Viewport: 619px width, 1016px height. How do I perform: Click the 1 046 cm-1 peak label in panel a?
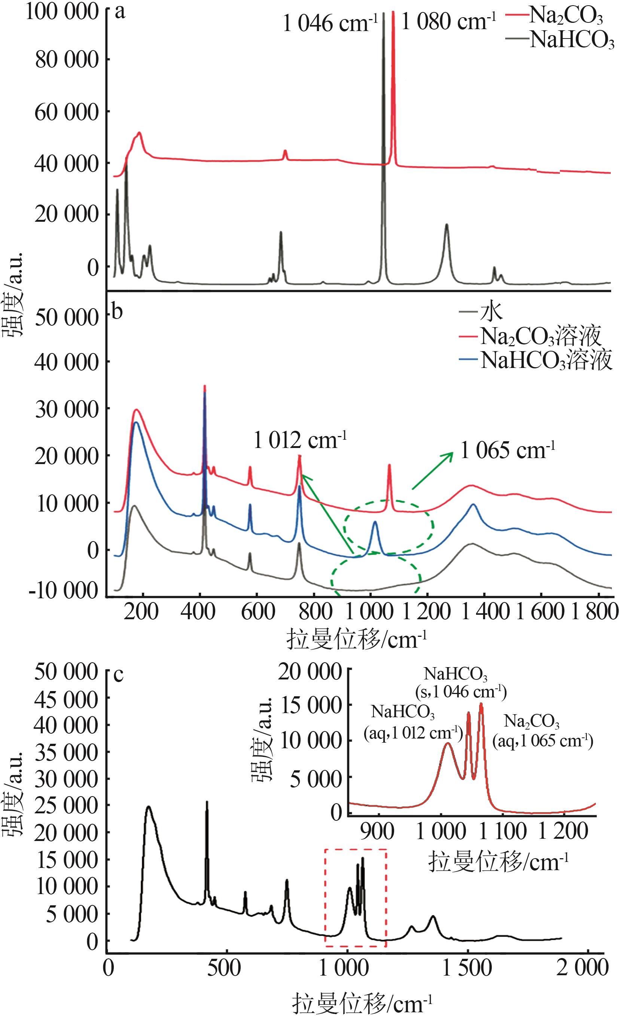point(330,24)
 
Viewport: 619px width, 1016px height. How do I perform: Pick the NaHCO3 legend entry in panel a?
point(571,40)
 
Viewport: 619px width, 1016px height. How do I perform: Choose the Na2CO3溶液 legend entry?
point(539,337)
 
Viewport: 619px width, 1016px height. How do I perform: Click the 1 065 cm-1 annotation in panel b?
point(507,451)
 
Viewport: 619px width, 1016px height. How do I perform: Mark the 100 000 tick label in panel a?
point(62,12)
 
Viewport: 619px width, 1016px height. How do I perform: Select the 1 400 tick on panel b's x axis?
point(484,612)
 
